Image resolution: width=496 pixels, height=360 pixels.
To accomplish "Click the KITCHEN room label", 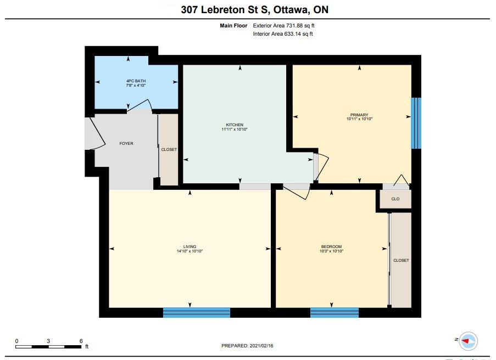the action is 235,125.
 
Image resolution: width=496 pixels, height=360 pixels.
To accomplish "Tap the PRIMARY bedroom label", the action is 359,115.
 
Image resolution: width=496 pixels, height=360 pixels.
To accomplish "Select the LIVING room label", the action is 190,246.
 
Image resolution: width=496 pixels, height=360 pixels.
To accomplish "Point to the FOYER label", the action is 126,143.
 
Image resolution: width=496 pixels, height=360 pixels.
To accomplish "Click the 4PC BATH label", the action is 136,81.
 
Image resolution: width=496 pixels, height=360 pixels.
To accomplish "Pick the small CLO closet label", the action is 395,199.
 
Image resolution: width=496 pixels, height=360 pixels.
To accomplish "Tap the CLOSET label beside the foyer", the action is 169,149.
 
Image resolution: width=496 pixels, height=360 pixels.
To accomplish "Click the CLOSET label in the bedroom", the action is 401,261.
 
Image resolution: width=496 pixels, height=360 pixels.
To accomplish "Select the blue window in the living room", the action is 197,312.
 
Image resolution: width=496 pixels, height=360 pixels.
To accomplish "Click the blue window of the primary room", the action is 416,123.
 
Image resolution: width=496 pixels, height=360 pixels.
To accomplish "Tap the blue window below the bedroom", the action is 335,312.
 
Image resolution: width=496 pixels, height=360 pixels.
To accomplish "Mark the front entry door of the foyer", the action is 97,133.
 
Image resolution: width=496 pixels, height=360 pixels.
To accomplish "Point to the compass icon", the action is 468,341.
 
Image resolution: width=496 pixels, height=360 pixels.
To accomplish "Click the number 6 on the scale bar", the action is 81,341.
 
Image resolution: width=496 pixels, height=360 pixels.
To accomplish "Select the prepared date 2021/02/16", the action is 261,346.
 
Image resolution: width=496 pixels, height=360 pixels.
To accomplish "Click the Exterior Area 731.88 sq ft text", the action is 283,26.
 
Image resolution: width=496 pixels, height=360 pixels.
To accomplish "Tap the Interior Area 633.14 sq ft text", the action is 283,34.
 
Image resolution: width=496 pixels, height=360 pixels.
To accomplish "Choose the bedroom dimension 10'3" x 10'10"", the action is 332,251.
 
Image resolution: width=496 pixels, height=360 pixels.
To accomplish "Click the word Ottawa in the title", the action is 291,10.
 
